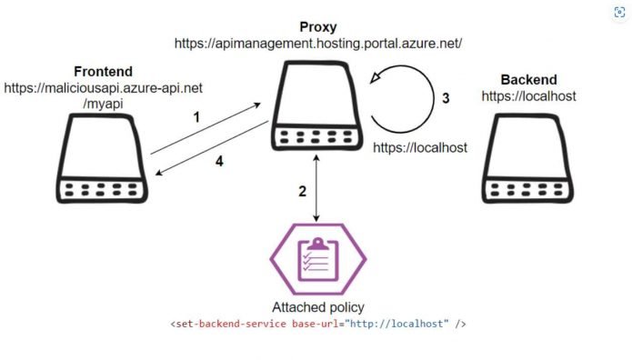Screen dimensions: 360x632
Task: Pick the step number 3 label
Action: click(446, 99)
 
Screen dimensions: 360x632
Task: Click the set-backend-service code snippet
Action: click(318, 324)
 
